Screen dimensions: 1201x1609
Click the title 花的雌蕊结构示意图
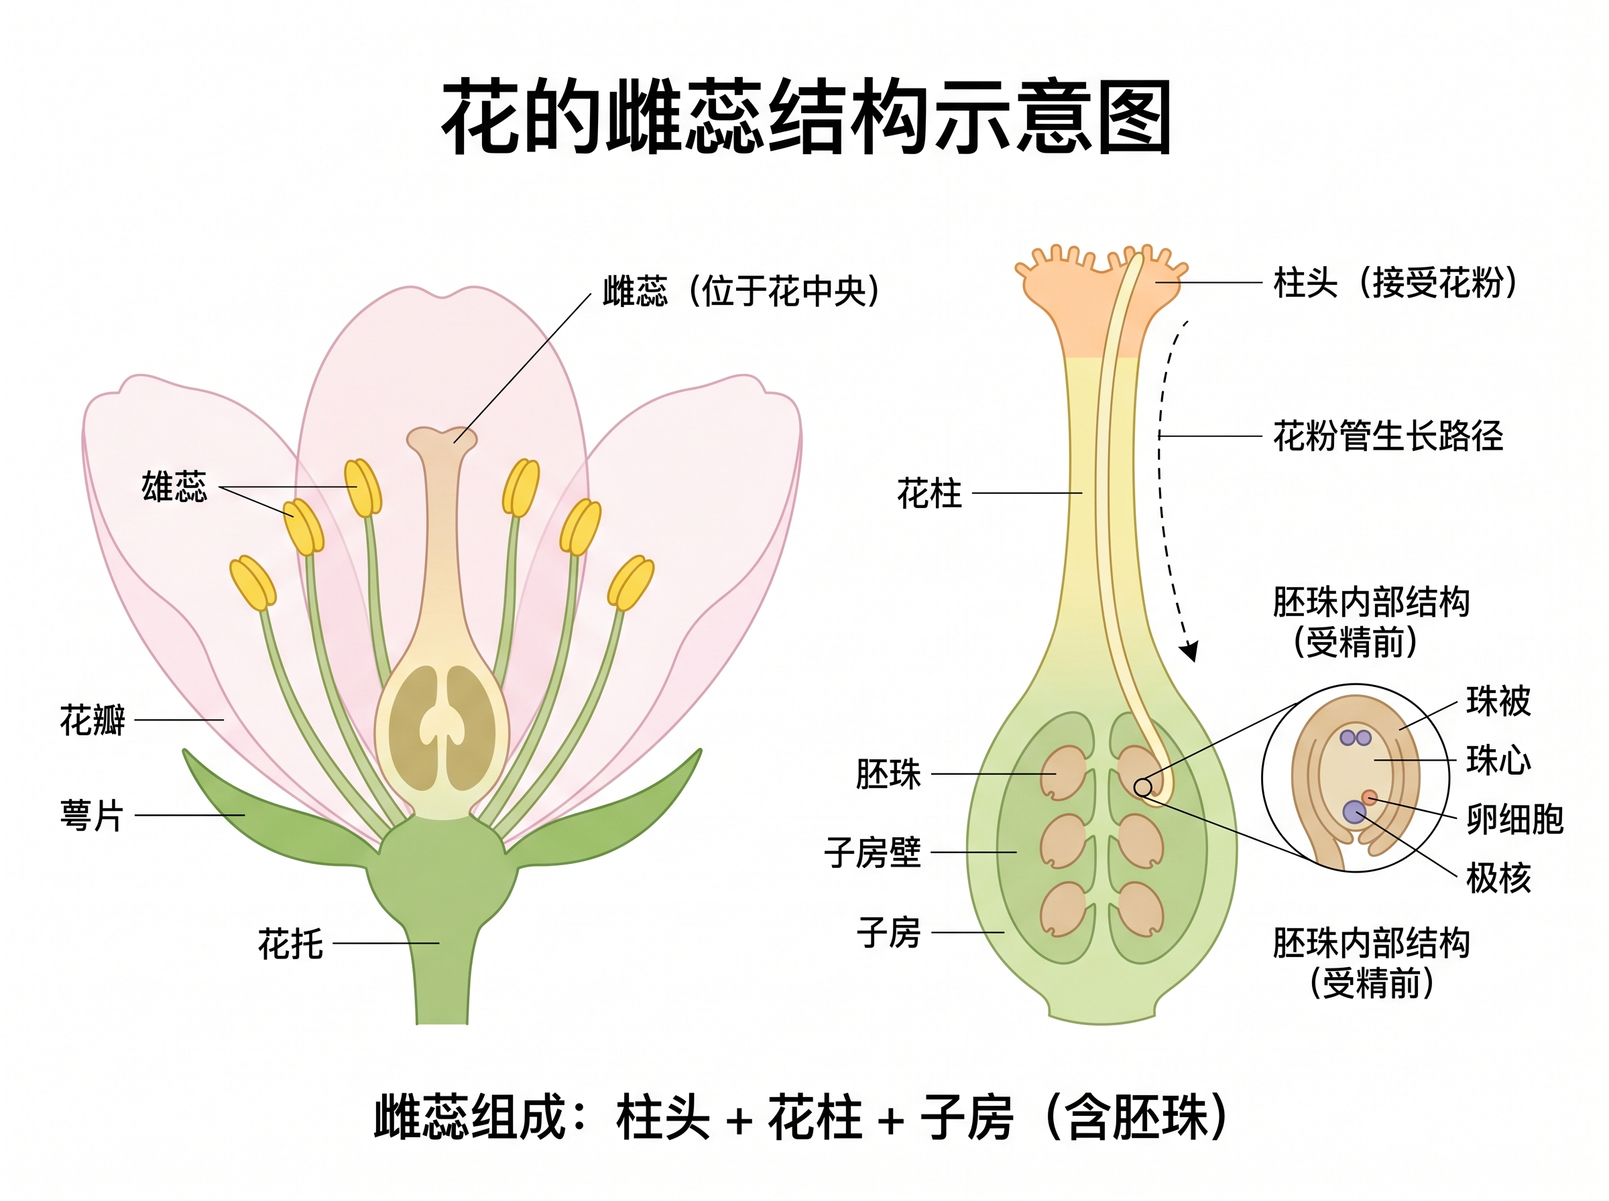pyautogui.click(x=806, y=118)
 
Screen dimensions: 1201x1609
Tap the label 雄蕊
pyautogui.click(x=174, y=487)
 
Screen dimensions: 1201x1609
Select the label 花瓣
pyautogui.click(x=93, y=720)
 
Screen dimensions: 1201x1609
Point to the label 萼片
pyautogui.click(x=93, y=815)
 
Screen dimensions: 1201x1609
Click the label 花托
pyautogui.click(x=290, y=944)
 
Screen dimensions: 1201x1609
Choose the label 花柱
pyautogui.click(x=929, y=494)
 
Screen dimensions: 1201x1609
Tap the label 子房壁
pyautogui.click(x=872, y=852)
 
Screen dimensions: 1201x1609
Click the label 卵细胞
pyautogui.click(x=1514, y=820)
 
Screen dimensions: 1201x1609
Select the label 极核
pyautogui.click(x=1498, y=877)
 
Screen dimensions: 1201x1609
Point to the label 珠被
pyautogui.click(x=1498, y=701)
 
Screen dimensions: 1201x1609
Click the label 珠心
pyautogui.click(x=1498, y=761)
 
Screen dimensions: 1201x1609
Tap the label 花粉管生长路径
pyautogui.click(x=1387, y=436)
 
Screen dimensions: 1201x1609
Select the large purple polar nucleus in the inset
pyautogui.click(x=1354, y=812)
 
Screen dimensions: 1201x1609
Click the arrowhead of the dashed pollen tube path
pyautogui.click(x=1189, y=651)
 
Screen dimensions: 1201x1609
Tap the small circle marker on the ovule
pyautogui.click(x=1143, y=787)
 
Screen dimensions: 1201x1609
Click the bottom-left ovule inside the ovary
pyautogui.click(x=1063, y=909)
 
